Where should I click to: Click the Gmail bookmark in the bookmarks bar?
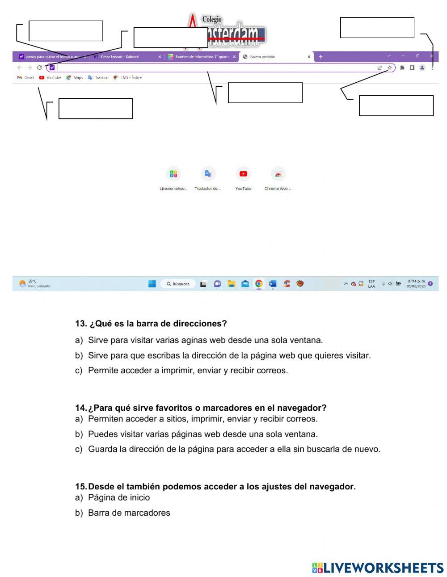click(x=26, y=78)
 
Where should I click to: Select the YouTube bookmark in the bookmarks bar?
click(x=50, y=78)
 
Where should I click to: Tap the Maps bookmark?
click(x=75, y=78)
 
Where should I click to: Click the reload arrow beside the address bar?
click(x=39, y=68)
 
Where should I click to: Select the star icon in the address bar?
click(x=390, y=68)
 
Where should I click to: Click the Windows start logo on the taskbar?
click(x=152, y=284)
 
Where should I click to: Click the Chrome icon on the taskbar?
click(x=259, y=283)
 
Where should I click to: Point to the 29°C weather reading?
click(x=32, y=281)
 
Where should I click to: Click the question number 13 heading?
click(x=151, y=324)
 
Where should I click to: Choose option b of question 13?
click(x=229, y=356)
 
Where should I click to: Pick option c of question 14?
click(x=234, y=449)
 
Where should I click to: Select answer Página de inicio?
click(x=119, y=498)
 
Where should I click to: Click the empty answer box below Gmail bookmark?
click(x=96, y=109)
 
